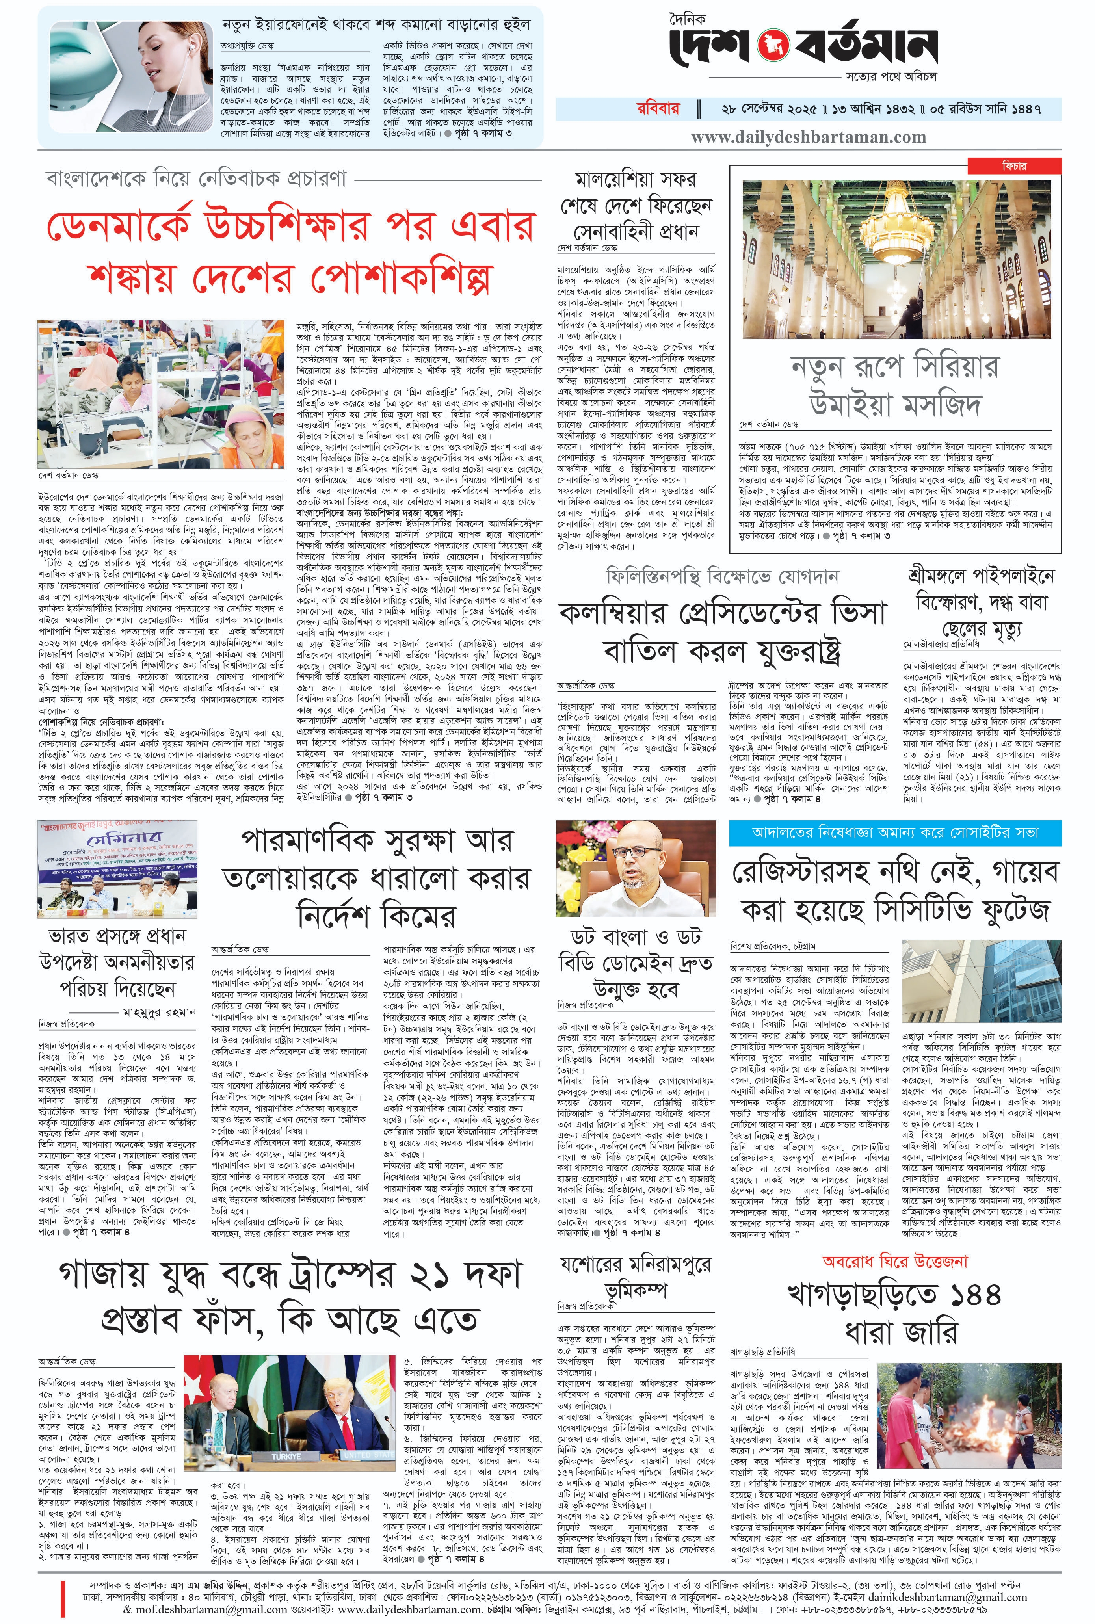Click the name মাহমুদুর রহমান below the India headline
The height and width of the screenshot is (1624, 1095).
[159, 1012]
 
